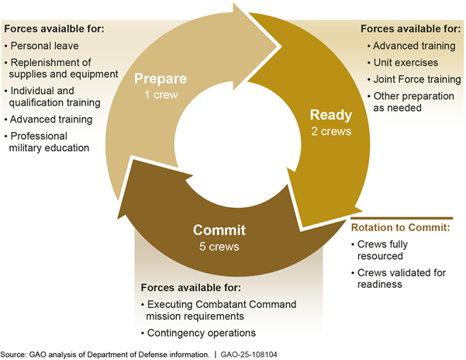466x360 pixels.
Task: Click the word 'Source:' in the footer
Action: tap(14, 353)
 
